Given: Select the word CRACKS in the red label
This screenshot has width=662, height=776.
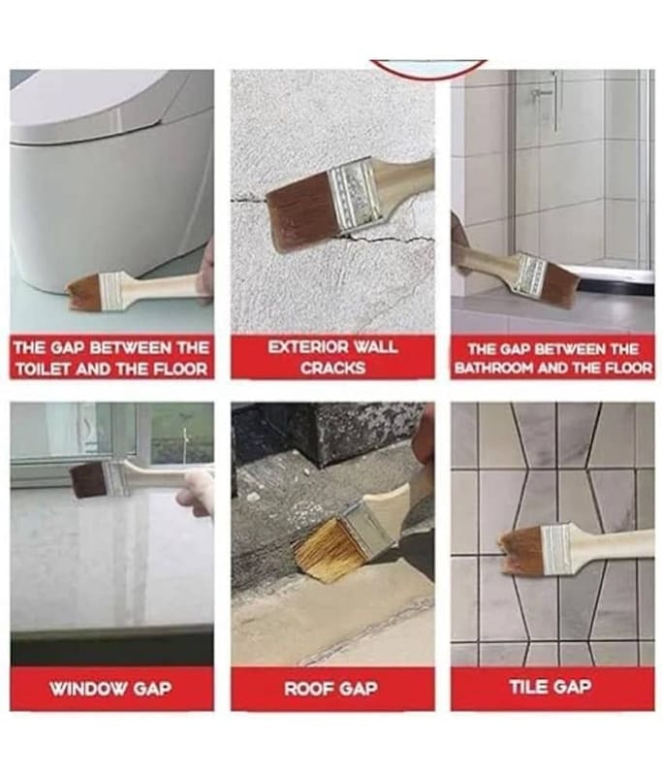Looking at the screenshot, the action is (x=333, y=369).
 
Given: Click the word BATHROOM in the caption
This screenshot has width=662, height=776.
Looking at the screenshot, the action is (x=494, y=369).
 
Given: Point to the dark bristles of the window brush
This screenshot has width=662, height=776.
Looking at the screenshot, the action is (x=89, y=480).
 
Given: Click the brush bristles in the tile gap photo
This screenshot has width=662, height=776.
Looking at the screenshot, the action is (x=522, y=548).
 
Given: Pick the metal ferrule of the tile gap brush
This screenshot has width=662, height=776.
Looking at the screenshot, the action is (x=557, y=549).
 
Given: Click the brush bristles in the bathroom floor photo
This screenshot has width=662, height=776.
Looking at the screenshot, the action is (x=560, y=285).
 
